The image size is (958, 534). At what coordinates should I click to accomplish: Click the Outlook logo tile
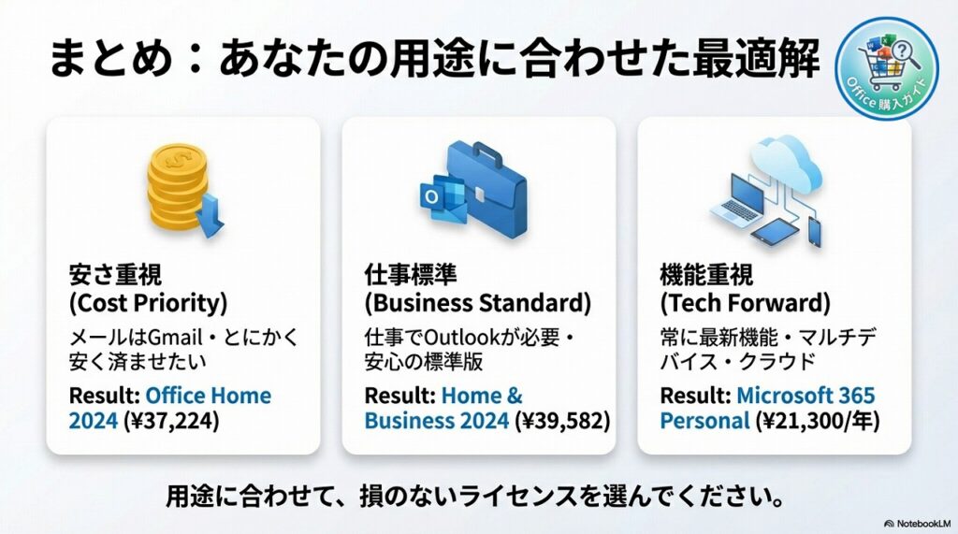(x=432, y=197)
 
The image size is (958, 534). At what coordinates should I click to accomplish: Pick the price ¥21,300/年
(x=820, y=420)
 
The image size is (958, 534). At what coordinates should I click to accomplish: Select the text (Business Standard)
(x=477, y=304)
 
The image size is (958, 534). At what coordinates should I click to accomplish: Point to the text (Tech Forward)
(x=746, y=304)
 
